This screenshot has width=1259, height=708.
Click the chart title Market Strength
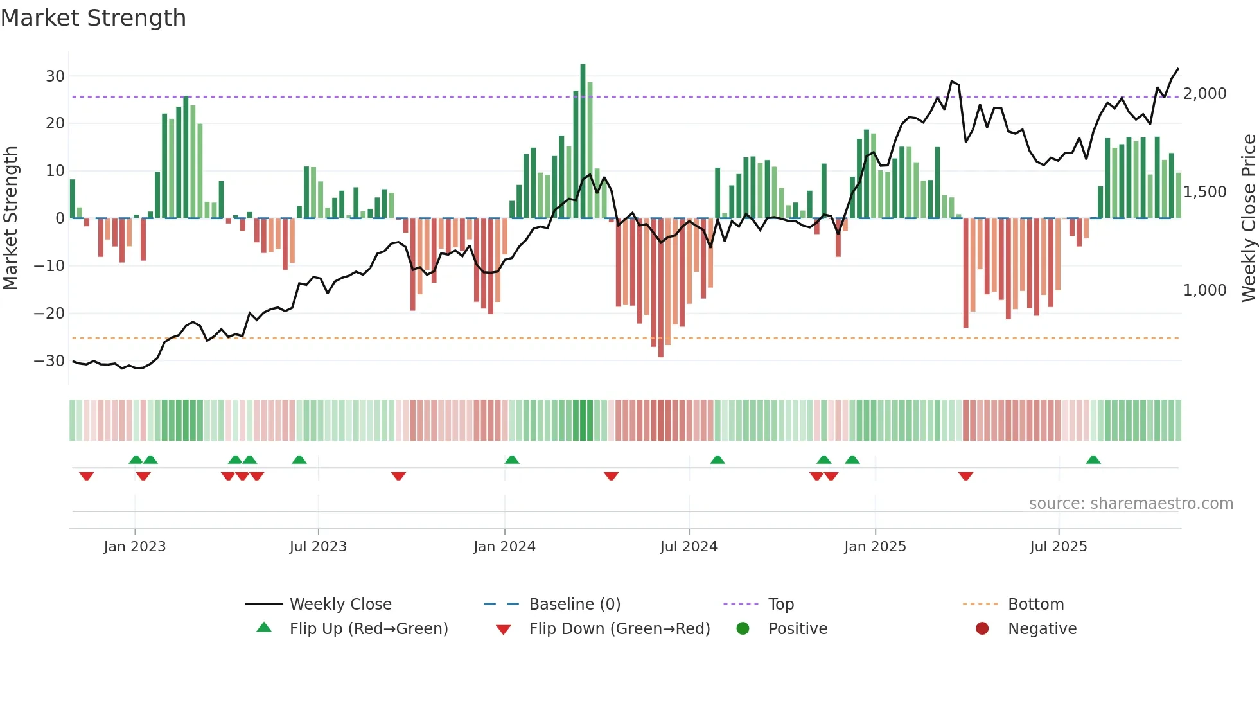[x=93, y=18]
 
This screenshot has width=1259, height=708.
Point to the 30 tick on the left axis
[x=55, y=76]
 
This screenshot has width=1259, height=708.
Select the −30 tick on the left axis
[x=49, y=361]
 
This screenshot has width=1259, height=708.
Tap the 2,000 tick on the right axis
[x=1204, y=94]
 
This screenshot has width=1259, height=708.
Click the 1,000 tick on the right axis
[x=1204, y=290]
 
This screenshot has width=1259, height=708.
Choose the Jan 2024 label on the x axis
[x=504, y=547]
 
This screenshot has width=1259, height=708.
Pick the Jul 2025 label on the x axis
[x=1058, y=547]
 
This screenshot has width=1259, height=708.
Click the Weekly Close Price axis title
[x=1248, y=218]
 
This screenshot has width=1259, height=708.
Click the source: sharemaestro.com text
[x=1131, y=504]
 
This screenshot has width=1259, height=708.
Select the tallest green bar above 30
[x=583, y=141]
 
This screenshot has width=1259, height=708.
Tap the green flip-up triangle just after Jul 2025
[x=1093, y=459]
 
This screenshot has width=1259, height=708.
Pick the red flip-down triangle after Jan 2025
[x=965, y=476]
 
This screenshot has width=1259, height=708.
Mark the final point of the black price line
[x=1178, y=69]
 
